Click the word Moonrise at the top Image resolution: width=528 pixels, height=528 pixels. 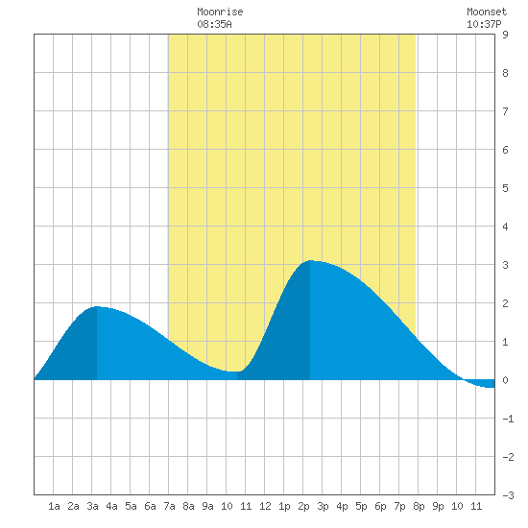click(x=220, y=12)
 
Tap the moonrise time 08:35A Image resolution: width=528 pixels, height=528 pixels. click(x=214, y=24)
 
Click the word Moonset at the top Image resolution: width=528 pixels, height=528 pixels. click(x=487, y=12)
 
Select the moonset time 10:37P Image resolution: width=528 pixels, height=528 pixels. click(x=484, y=24)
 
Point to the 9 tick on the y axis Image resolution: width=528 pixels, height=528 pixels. click(x=505, y=35)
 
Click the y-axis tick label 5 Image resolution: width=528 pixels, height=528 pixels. click(x=505, y=188)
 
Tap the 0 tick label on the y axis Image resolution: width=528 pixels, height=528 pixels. click(x=505, y=380)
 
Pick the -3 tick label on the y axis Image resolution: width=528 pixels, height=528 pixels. click(x=508, y=495)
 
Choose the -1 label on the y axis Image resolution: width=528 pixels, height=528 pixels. click(x=508, y=419)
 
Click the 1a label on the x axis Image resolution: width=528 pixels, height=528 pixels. click(x=54, y=506)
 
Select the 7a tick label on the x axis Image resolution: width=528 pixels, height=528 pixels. click(x=169, y=506)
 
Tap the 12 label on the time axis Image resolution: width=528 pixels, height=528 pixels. click(x=265, y=506)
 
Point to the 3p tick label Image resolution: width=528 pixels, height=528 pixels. click(x=323, y=506)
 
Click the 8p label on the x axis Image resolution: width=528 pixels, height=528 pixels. click(x=419, y=506)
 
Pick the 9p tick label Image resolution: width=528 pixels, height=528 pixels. click(x=438, y=506)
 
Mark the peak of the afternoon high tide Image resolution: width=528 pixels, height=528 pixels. click(x=310, y=260)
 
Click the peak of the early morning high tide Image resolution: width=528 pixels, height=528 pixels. click(x=97, y=306)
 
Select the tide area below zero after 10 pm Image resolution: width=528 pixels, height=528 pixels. click(x=483, y=384)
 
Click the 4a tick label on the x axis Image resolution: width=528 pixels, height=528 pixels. click(x=111, y=506)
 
